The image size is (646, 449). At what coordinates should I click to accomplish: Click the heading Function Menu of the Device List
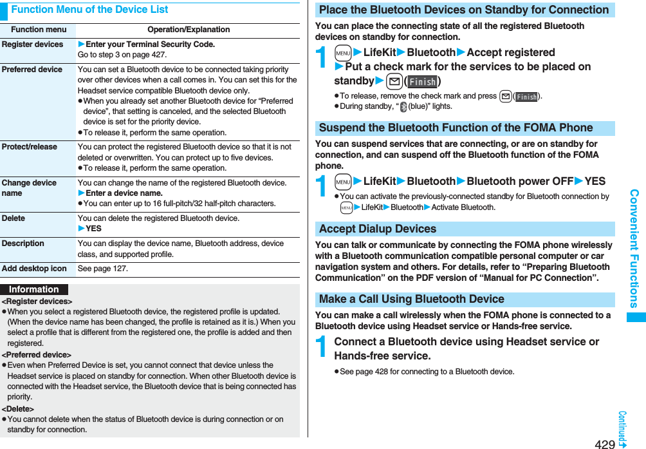89,10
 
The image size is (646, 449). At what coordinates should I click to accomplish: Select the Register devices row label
32,44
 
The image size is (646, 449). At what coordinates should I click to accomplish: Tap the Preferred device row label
32,70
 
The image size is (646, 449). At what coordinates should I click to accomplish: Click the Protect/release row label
30,147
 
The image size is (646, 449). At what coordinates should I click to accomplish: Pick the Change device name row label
29,187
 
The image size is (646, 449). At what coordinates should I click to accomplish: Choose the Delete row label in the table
14,218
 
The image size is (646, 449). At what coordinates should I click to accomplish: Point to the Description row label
23,244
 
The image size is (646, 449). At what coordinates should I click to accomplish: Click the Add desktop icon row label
34,269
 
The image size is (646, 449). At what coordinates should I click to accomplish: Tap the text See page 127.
103,269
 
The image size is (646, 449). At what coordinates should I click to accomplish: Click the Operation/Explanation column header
188,30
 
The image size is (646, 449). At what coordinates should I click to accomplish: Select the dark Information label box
34,290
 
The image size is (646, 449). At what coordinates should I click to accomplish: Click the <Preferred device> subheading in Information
37,355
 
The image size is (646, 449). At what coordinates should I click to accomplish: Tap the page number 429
604,444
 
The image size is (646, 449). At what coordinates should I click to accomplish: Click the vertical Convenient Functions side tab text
634,248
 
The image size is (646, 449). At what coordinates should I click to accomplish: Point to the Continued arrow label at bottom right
622,429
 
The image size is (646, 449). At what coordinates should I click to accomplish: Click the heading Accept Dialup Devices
378,229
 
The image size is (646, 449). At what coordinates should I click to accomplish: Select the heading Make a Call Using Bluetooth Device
412,299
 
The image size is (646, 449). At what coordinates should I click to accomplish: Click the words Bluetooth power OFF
519,182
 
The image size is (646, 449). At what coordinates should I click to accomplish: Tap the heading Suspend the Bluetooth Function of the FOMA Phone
456,128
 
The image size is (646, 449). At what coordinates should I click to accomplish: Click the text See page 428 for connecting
427,372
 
